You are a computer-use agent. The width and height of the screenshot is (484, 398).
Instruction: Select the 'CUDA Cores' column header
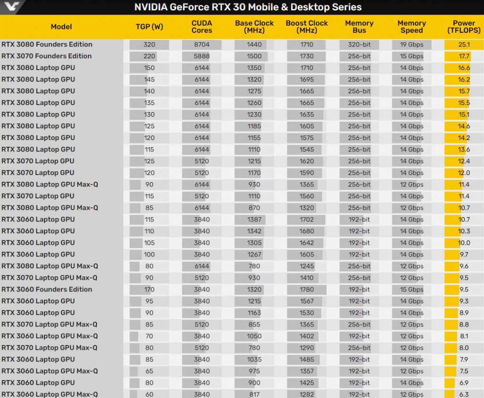click(202, 27)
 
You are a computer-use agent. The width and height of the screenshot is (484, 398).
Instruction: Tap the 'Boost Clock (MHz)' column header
click(307, 27)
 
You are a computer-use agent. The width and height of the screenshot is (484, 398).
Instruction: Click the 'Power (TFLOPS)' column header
click(464, 27)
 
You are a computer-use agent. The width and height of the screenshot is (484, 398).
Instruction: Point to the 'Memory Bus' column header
click(359, 27)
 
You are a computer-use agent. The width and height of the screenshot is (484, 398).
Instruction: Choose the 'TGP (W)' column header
click(149, 27)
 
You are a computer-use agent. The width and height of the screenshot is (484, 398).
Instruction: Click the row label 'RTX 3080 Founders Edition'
click(47, 44)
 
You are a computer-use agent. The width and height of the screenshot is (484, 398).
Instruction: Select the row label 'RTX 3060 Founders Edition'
click(47, 289)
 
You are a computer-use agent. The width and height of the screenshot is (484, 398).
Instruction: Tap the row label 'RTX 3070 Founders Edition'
click(46, 56)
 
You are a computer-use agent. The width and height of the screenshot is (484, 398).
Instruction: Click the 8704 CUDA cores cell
click(202, 44)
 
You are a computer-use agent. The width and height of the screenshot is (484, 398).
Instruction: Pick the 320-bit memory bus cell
click(359, 44)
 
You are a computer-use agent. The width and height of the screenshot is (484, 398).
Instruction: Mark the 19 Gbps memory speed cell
click(412, 44)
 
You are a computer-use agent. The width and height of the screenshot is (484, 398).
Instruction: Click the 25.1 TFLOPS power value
click(464, 44)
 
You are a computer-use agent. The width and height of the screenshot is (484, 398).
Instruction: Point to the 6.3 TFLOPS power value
click(464, 394)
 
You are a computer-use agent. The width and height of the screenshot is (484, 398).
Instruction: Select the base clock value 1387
click(254, 220)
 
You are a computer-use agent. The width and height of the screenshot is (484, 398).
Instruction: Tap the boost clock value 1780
click(307, 289)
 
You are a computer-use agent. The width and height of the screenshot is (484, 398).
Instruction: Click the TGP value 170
click(149, 289)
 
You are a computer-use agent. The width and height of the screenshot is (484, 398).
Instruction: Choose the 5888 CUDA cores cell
click(202, 56)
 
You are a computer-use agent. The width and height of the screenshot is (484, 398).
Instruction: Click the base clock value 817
click(254, 394)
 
